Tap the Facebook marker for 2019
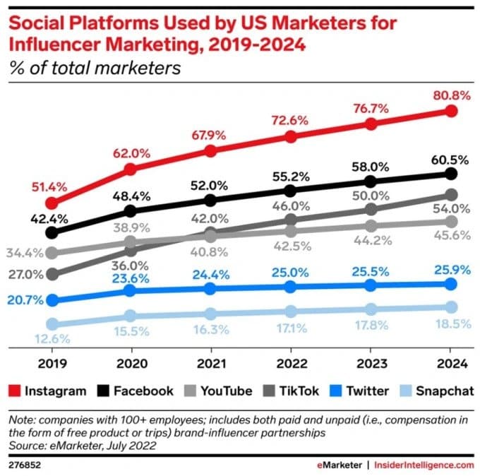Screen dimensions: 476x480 50,232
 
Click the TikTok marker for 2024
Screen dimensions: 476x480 451,194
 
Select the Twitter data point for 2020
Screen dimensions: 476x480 130,291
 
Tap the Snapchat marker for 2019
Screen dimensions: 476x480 50,324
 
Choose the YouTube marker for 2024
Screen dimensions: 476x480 451,221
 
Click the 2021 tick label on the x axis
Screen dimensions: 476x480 210,365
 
